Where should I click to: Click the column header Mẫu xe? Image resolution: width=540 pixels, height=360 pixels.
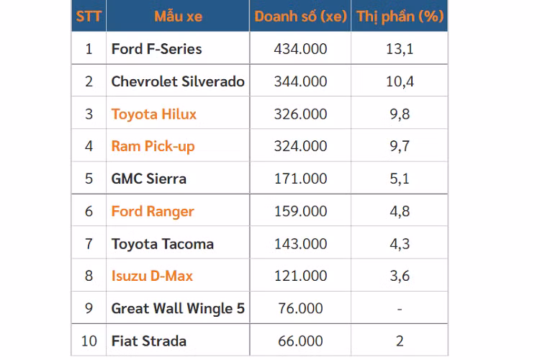click(178, 16)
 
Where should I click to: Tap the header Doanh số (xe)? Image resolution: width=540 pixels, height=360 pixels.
click(300, 16)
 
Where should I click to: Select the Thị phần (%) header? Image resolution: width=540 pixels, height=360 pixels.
click(400, 16)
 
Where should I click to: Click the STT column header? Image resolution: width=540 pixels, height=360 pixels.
click(89, 16)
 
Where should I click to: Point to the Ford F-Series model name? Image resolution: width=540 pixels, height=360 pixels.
click(156, 49)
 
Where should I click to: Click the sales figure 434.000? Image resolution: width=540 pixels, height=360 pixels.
click(300, 49)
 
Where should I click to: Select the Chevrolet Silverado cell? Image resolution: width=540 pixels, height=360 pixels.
click(178, 81)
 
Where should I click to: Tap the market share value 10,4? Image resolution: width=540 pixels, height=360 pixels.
click(400, 81)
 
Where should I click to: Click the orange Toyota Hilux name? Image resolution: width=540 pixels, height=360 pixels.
click(153, 114)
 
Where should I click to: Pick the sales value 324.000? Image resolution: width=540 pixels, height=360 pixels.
click(300, 146)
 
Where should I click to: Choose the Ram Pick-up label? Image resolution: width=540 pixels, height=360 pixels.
click(153, 146)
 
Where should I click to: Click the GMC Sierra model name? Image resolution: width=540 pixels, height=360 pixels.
click(148, 179)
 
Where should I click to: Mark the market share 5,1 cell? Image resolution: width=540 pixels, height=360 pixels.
click(400, 179)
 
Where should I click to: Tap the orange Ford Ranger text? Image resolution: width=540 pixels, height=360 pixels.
click(153, 212)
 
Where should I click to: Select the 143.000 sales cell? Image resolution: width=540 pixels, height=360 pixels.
click(300, 244)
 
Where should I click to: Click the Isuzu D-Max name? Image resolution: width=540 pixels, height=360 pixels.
click(152, 276)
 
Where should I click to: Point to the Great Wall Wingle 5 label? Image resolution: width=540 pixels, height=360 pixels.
click(178, 308)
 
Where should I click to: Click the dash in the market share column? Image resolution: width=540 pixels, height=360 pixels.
click(400, 309)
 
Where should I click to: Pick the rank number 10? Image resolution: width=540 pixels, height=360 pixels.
click(89, 341)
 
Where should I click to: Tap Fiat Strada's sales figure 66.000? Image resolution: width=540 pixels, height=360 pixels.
click(300, 341)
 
